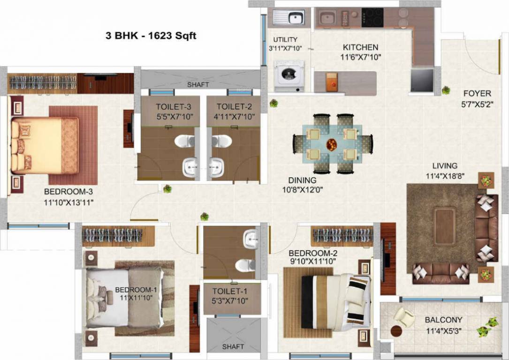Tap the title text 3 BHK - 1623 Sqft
(151, 36)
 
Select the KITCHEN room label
(360, 47)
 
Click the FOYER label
(477, 93)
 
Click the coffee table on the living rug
(444, 226)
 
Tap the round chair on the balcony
(403, 317)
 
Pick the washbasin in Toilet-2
(216, 166)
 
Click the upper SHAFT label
(198, 85)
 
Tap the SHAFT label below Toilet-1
(233, 346)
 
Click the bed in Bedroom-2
(335, 301)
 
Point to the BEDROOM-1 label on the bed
(136, 290)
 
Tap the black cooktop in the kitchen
(372, 18)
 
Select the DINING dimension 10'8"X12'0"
(302, 190)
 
